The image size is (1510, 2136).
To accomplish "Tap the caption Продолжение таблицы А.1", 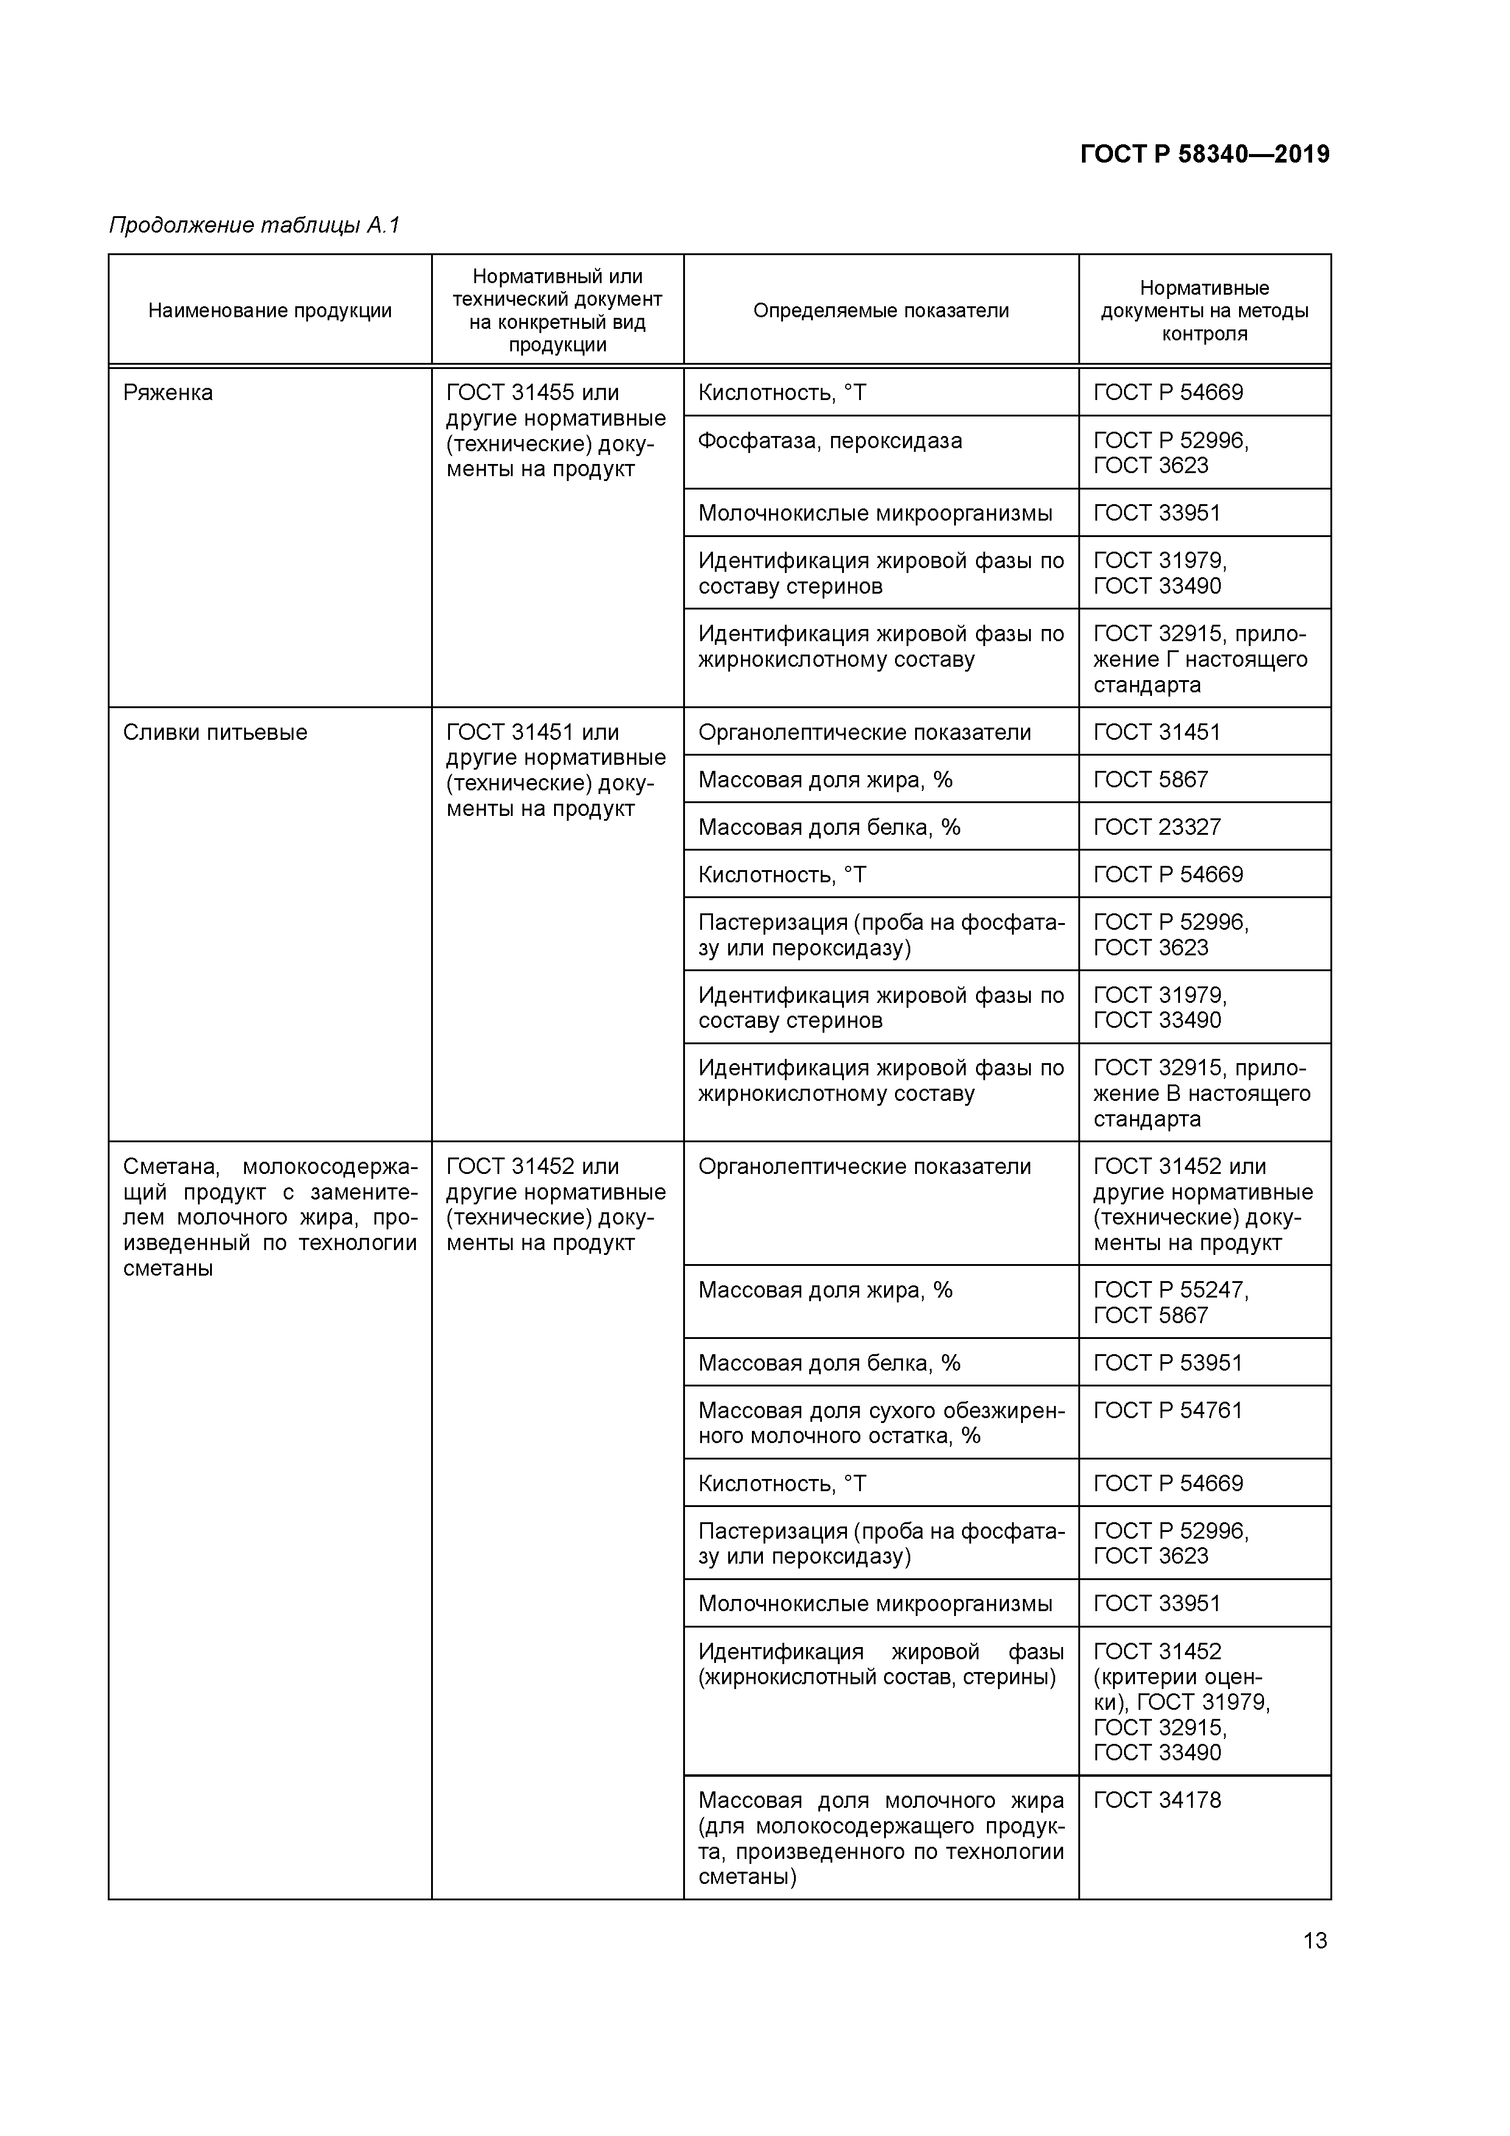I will point(254,225).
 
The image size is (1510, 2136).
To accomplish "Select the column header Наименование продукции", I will point(270,311).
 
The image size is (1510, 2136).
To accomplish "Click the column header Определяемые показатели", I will point(880,311).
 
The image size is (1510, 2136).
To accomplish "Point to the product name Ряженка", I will point(169,393).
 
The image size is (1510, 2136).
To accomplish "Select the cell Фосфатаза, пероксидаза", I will point(830,441).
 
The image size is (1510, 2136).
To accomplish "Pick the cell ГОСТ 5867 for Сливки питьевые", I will point(1151,779).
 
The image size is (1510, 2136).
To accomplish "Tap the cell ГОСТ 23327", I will point(1156,827).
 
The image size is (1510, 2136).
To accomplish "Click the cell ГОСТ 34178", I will point(1156,1799).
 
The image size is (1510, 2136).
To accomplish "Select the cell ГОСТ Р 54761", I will point(1168,1410).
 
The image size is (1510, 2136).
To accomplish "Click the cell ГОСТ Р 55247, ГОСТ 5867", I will point(1170,1302).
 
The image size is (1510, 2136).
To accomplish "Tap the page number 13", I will point(1315,1941).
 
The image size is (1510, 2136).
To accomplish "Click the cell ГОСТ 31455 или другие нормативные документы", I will point(555,430).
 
